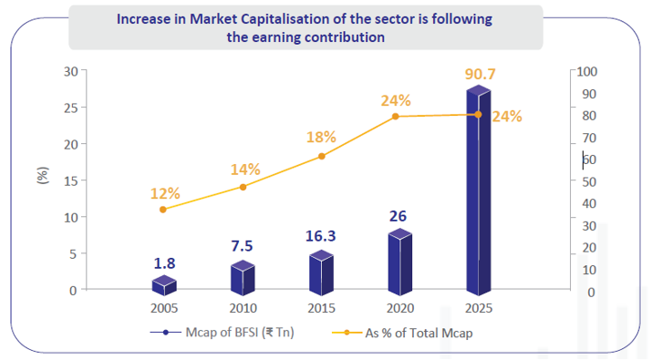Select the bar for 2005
[x=164, y=284]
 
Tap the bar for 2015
[x=321, y=271]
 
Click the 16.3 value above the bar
[x=321, y=235]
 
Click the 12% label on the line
[x=165, y=193]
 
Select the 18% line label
[x=321, y=137]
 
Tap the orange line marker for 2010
[x=243, y=187]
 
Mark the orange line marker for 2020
[x=396, y=116]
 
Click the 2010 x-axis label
[x=243, y=306]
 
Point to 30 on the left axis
[x=70, y=72]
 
